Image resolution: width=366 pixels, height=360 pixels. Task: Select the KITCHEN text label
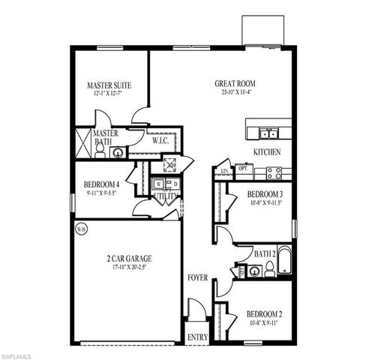266,152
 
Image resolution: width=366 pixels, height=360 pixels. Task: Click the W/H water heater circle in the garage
80,229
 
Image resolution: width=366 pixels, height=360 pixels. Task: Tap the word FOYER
197,277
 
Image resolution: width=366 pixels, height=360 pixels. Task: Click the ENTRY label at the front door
197,337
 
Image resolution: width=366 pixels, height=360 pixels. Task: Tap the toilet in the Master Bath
98,149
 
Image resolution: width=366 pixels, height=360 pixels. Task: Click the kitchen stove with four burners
274,172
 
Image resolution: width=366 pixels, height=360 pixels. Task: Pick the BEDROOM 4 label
102,184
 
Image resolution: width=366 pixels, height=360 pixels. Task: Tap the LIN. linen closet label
224,171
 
